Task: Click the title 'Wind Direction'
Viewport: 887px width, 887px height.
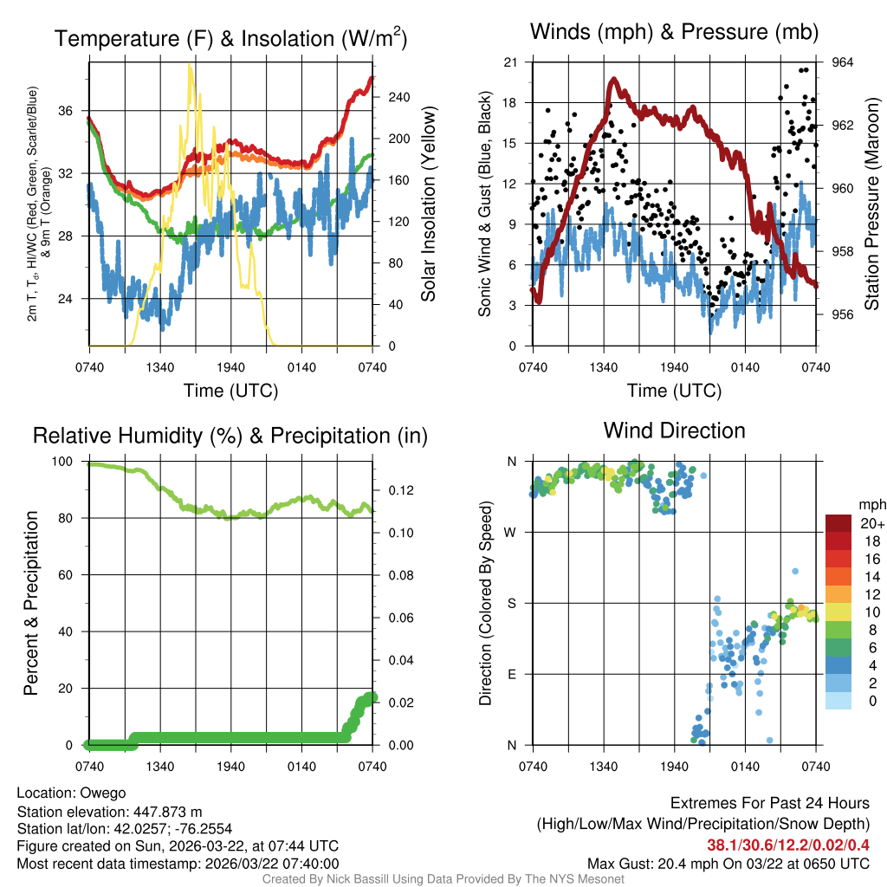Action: (674, 431)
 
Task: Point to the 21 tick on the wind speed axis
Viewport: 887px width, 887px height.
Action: (510, 62)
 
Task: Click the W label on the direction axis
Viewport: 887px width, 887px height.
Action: (511, 532)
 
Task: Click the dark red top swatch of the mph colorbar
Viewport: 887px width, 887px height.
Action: (838, 523)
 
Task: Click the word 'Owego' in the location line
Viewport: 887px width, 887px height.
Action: (103, 793)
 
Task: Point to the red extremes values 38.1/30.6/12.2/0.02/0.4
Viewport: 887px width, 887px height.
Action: (788, 845)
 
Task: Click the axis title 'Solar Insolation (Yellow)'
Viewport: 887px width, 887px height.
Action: (428, 204)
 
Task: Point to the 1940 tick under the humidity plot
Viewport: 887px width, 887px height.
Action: (230, 765)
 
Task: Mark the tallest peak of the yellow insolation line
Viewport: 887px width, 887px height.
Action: (191, 66)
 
